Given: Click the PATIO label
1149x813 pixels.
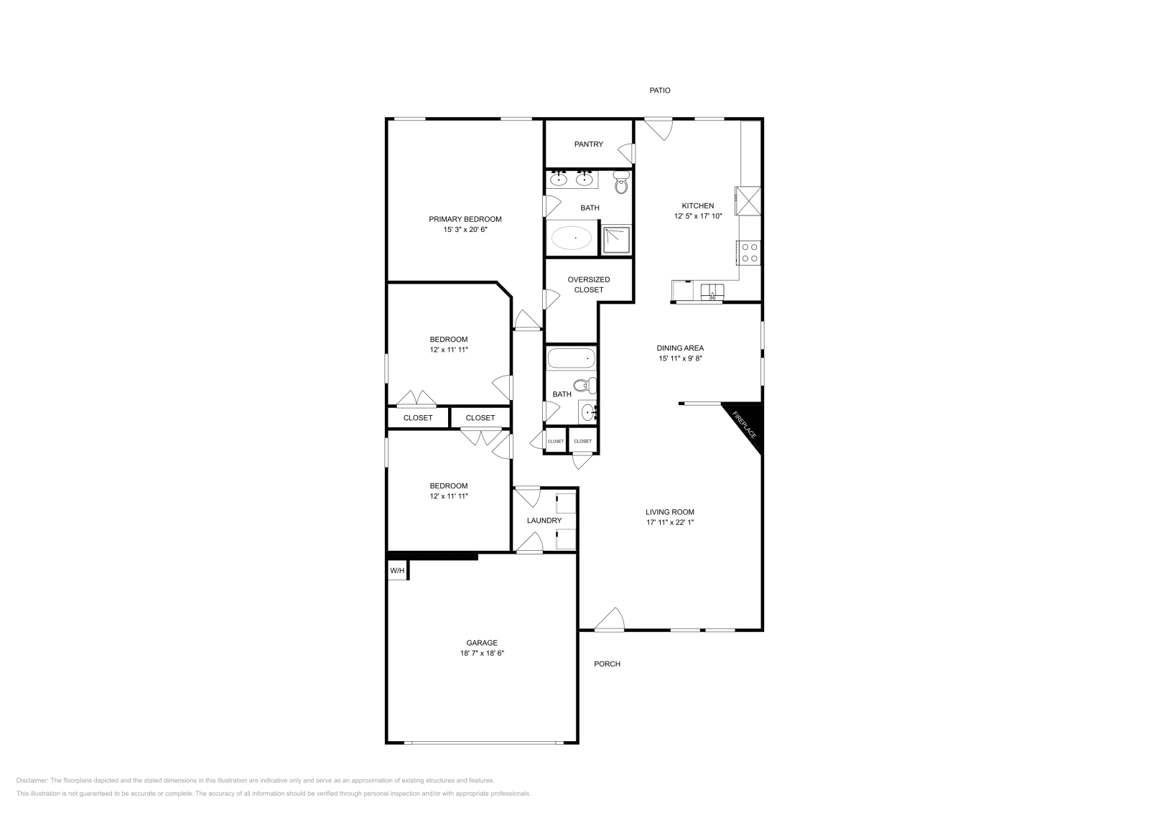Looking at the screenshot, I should pos(659,90).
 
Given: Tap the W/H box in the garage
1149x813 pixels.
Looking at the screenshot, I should pos(396,571).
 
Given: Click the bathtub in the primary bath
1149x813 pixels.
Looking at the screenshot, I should pos(572,238).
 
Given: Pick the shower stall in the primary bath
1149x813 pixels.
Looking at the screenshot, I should pos(616,241).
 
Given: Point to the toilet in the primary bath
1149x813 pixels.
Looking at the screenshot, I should pos(621,183).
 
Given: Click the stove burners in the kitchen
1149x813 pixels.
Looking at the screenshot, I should pos(750,253).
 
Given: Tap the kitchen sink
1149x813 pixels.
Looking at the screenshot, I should pos(712,291).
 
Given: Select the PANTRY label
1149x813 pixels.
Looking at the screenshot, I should pos(588,144).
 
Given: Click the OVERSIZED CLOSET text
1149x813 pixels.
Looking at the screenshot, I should pos(588,284).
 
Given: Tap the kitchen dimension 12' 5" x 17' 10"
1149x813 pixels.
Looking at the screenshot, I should pos(697,215).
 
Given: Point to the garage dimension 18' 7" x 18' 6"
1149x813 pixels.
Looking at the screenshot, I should pos(481,654).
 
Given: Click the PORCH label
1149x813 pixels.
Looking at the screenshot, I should pos(607,664).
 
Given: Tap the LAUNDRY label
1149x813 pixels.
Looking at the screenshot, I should pos(544,521).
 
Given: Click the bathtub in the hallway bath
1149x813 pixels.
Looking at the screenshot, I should pos(571,357).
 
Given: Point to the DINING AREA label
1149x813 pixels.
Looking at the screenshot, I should pos(679,348).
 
